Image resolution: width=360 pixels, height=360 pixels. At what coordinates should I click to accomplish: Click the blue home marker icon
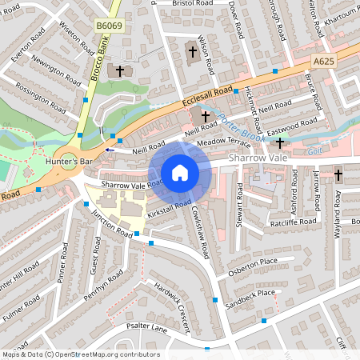(x=180, y=173)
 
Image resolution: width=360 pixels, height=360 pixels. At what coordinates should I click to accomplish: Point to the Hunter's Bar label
(x=71, y=162)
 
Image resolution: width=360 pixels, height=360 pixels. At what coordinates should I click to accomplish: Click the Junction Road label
(x=112, y=222)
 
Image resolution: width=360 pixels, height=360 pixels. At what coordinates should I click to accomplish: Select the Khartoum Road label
(x=337, y=18)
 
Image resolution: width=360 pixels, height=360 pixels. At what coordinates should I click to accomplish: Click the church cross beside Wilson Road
(x=192, y=52)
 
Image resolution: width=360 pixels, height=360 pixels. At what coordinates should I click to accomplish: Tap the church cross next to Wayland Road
(x=338, y=174)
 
